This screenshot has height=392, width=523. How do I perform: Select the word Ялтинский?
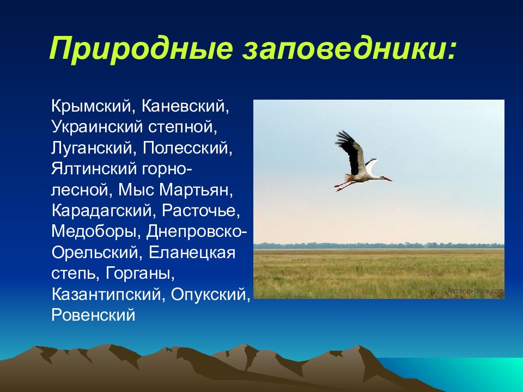click(x=94, y=169)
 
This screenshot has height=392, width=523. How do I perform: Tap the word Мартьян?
click(x=196, y=190)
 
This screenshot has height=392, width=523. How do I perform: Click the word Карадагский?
click(x=102, y=211)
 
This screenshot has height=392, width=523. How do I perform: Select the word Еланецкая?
click(x=192, y=252)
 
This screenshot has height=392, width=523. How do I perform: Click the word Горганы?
click(x=140, y=273)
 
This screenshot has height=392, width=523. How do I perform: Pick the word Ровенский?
click(x=93, y=315)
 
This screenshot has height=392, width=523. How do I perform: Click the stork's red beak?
click(x=387, y=179)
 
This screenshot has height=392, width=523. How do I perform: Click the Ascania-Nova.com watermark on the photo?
click(x=476, y=291)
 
